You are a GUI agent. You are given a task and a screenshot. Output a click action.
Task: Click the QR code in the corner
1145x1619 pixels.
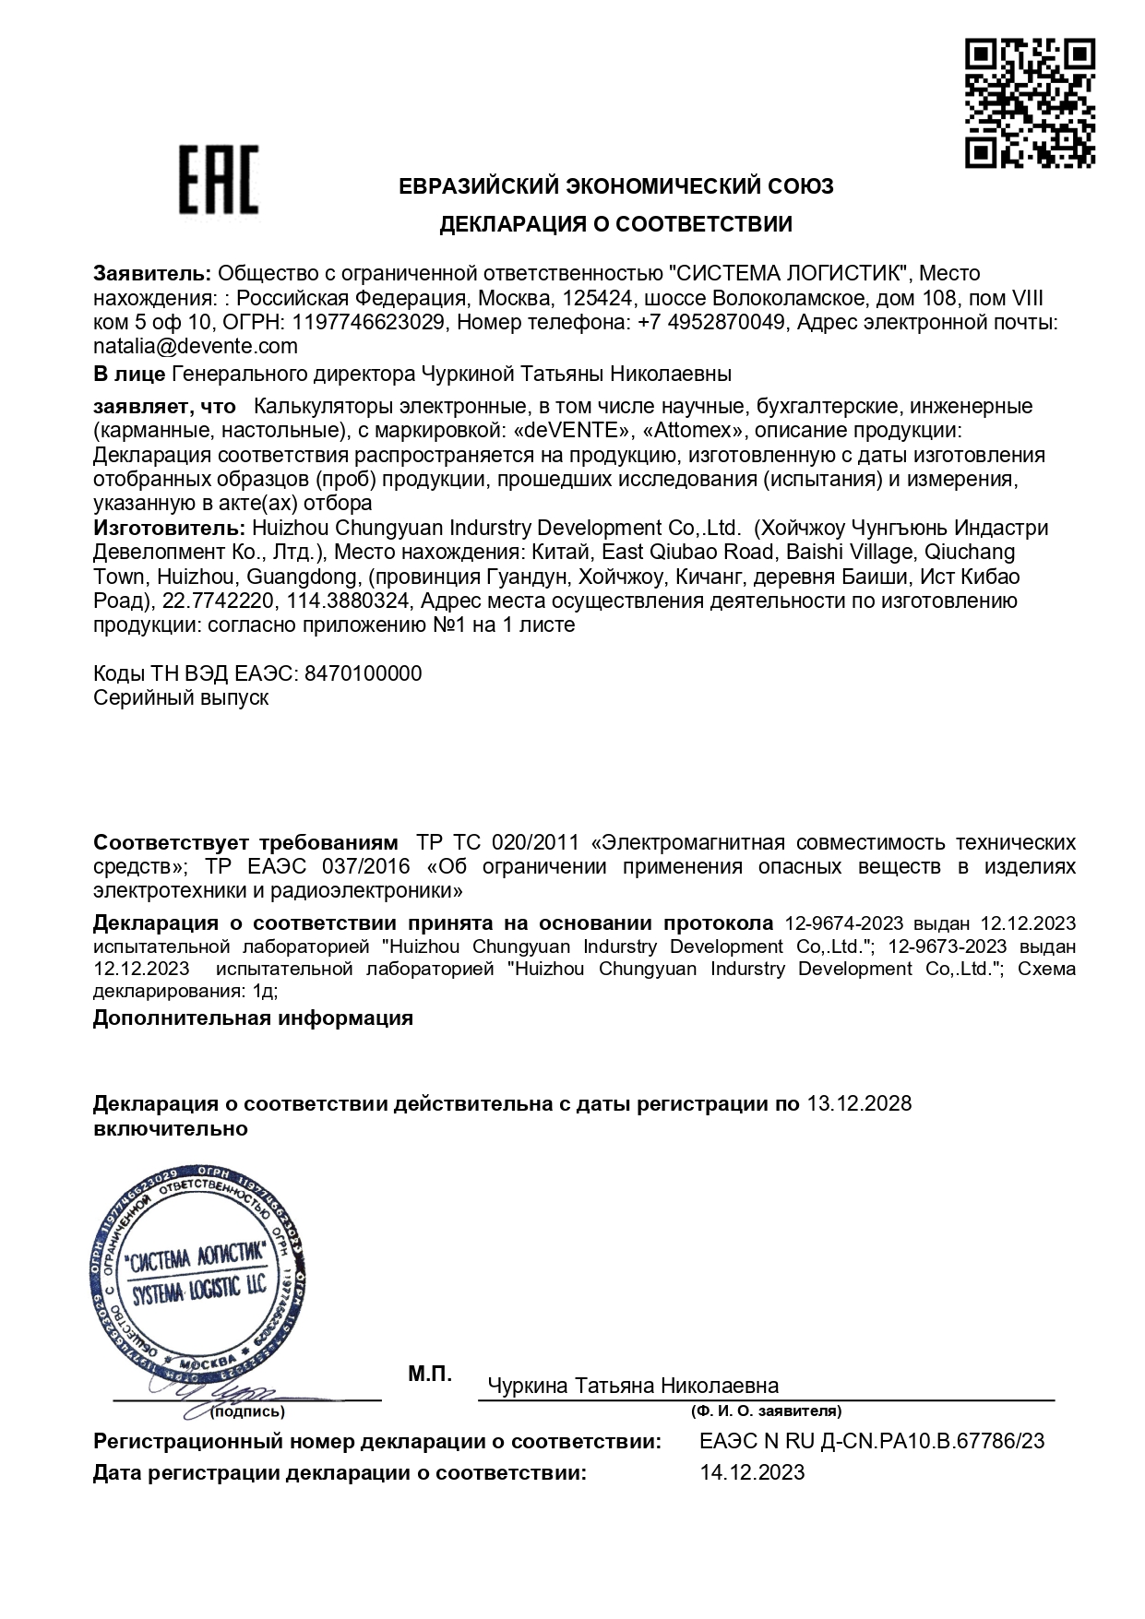pyautogui.click(x=1031, y=102)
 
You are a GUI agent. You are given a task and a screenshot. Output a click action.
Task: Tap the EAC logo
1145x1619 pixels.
pyautogui.click(x=218, y=180)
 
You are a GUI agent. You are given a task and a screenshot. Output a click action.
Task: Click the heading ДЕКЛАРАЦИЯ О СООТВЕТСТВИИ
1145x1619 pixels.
pyautogui.click(x=615, y=224)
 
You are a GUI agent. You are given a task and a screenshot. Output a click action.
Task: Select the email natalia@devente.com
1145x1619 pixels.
pyautogui.click(x=196, y=347)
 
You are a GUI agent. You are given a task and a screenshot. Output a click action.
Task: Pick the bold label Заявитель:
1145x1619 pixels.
pyautogui.click(x=153, y=274)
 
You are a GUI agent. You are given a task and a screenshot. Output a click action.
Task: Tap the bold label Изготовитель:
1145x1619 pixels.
pyautogui.click(x=169, y=529)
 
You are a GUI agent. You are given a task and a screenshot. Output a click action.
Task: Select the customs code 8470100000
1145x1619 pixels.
pyautogui.click(x=363, y=673)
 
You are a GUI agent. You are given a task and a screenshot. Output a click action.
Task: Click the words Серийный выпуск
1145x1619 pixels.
pyautogui.click(x=181, y=697)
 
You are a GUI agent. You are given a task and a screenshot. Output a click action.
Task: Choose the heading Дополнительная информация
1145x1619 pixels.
pyautogui.click(x=253, y=1018)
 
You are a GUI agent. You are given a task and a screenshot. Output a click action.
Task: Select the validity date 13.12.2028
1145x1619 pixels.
pyautogui.click(x=859, y=1104)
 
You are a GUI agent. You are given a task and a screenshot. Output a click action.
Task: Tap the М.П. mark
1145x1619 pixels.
pyautogui.click(x=430, y=1375)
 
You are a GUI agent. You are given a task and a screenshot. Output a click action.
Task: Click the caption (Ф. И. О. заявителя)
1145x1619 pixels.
pyautogui.click(x=765, y=1411)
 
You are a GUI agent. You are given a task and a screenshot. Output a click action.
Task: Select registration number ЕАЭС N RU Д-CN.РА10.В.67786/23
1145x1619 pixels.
pyautogui.click(x=872, y=1442)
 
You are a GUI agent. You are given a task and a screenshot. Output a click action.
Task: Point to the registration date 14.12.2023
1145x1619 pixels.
pyautogui.click(x=752, y=1472)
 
